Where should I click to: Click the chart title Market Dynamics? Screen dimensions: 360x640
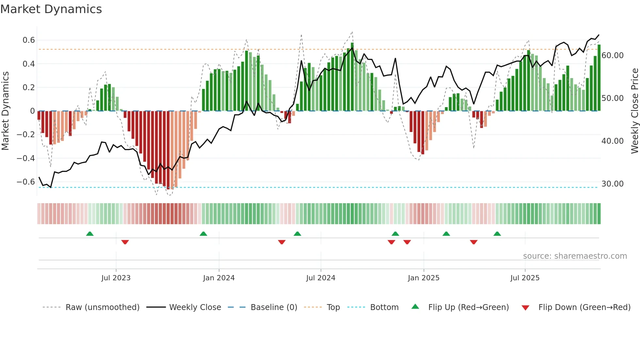[51, 9]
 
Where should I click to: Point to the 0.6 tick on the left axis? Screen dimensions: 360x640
[28, 40]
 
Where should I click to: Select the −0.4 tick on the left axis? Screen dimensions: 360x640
[26, 158]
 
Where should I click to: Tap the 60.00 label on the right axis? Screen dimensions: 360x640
[612, 56]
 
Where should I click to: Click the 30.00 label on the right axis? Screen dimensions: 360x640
[612, 184]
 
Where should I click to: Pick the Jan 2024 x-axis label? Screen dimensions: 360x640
[219, 278]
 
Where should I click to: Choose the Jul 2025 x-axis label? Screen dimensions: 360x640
[525, 278]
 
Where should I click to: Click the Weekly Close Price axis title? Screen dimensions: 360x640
[634, 111]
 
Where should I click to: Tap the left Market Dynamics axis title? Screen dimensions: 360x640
[5, 111]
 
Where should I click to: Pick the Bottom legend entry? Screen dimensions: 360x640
[384, 307]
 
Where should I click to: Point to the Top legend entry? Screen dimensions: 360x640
[333, 307]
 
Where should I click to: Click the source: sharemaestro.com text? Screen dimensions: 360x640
[575, 256]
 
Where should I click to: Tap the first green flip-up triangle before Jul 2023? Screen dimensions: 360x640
[90, 234]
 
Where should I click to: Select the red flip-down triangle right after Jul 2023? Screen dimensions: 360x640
[125, 242]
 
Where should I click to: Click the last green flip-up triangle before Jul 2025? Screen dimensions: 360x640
[497, 234]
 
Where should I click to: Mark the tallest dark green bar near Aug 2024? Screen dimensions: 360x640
[352, 77]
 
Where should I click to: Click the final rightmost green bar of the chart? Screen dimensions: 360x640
[599, 78]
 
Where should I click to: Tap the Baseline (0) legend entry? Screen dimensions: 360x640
[274, 307]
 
